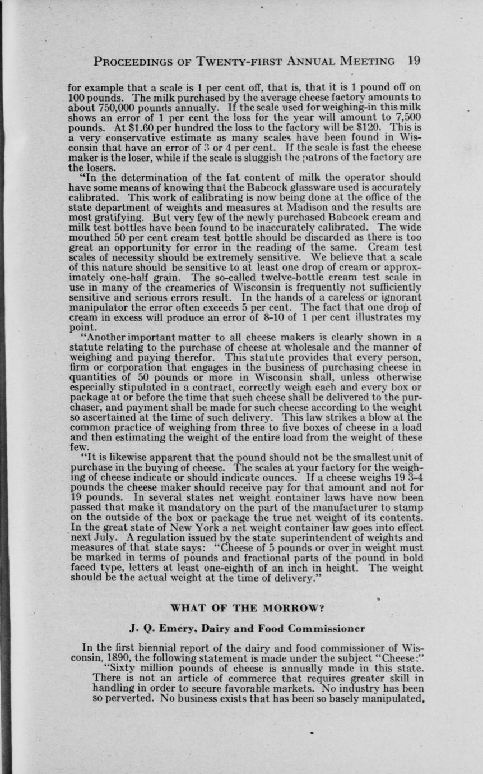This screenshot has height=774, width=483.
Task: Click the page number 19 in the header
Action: tap(414, 61)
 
